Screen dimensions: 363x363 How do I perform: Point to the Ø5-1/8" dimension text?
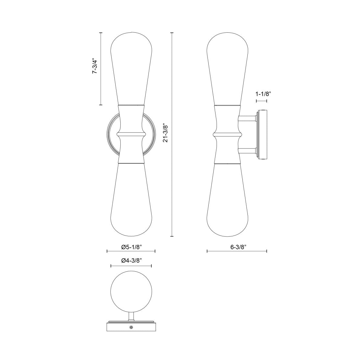pos(131,247)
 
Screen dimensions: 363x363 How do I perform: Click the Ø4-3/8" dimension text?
pos(131,260)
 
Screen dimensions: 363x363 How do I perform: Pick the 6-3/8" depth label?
pos(237,247)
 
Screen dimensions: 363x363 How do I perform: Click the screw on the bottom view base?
pos(131,327)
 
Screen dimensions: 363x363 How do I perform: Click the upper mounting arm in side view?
pos(247,119)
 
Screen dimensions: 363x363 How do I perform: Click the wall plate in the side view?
pos(262,135)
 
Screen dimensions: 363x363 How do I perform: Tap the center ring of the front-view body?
pos(131,134)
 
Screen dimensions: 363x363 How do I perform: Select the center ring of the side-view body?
pos(228,134)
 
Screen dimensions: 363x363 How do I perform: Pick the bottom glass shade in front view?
pos(131,203)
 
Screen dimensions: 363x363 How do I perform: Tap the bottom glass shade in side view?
pos(228,203)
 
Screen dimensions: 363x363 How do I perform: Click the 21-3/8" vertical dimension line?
pos(172,181)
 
